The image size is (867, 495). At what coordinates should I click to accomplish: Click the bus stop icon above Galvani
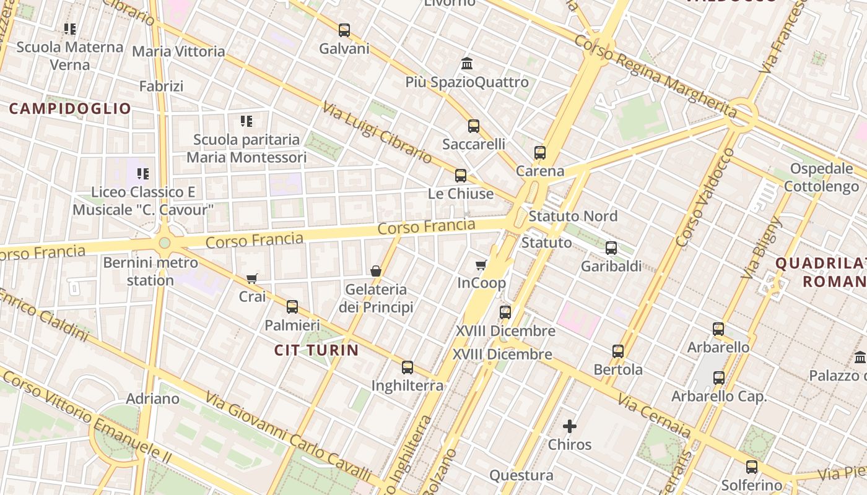344,30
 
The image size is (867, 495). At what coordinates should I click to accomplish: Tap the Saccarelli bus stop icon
474,126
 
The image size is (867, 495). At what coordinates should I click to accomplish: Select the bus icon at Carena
540,153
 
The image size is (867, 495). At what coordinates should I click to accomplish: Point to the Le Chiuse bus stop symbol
461,176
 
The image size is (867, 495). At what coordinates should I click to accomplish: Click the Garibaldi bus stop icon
611,248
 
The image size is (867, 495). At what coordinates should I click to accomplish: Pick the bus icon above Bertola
618,351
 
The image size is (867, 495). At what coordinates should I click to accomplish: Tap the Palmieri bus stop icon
292,307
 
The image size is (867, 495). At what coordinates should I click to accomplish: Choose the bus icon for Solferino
752,467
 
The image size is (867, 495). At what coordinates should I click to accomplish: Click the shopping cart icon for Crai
251,278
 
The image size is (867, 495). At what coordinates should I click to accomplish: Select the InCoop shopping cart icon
481,265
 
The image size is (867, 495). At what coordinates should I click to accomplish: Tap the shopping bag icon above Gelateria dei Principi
375,271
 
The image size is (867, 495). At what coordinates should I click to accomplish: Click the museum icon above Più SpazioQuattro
467,64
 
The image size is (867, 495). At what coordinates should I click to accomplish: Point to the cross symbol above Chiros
570,426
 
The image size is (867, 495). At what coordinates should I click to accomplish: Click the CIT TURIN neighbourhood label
316,350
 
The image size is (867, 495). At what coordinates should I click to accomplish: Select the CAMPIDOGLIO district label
70,109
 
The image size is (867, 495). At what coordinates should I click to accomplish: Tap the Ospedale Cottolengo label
821,178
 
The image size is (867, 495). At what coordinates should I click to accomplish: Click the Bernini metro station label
150,272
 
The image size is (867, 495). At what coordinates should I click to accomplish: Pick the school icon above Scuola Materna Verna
70,28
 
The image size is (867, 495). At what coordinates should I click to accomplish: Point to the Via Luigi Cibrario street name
377,132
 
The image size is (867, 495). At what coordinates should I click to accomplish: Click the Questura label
521,475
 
